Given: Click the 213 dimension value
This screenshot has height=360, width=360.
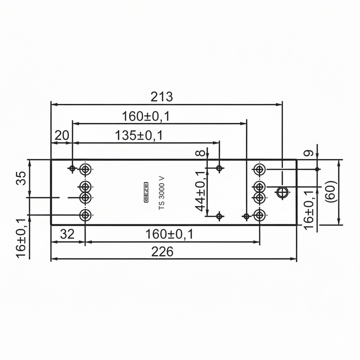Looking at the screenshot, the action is point(162,97).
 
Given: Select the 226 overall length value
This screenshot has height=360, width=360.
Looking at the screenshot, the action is point(162,252).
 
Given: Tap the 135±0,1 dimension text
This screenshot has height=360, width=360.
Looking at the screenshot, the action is point(139,135).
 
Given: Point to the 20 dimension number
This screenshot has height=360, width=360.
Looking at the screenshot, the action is point(62,135).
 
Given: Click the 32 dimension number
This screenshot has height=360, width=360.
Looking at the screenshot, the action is point(67,234).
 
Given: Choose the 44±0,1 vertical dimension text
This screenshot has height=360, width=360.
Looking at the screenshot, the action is point(200,191).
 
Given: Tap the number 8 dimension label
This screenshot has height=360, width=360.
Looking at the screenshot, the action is point(201,153).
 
